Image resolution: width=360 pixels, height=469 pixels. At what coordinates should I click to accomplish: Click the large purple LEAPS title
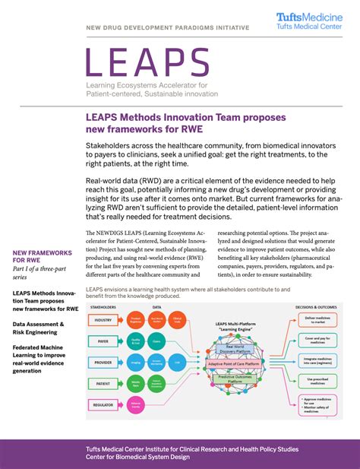coord(147,64)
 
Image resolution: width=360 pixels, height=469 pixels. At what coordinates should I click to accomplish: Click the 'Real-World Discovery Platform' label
coord(235,349)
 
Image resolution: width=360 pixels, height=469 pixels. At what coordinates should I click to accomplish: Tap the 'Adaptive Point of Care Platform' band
coord(242,364)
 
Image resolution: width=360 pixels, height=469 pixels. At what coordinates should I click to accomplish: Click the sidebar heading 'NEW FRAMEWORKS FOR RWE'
coord(43,256)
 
